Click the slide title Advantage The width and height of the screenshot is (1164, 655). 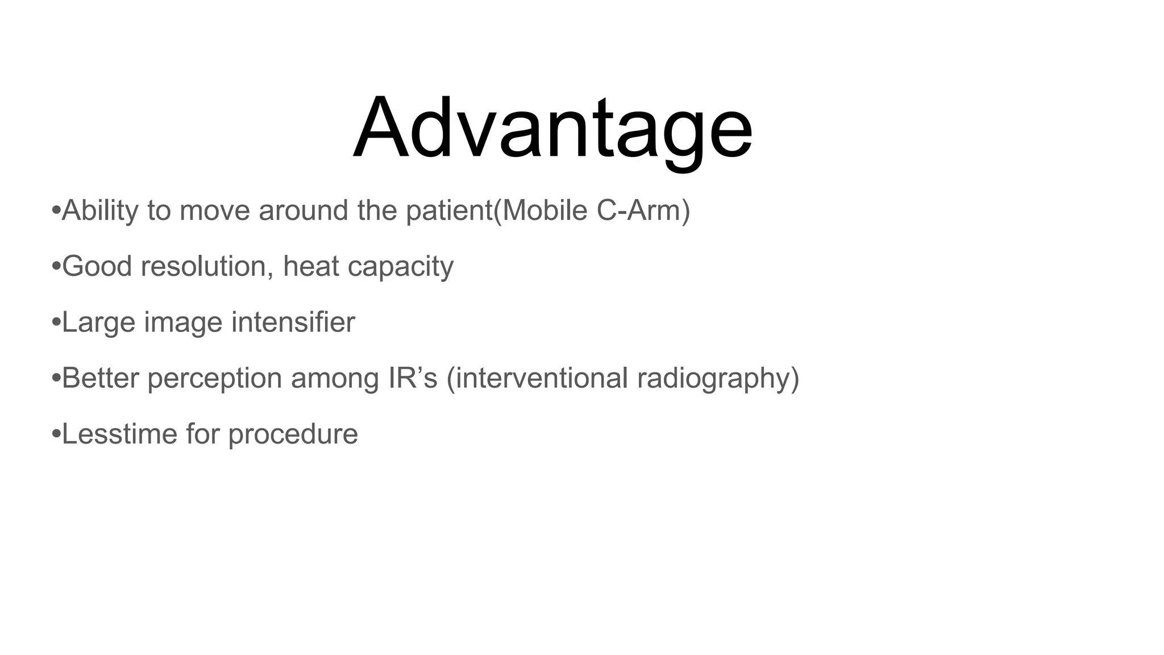click(x=552, y=128)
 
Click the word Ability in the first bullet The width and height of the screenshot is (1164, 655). click(x=100, y=211)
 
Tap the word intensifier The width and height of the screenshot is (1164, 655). click(x=293, y=322)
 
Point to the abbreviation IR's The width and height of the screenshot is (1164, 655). click(x=413, y=378)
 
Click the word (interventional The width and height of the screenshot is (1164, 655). click(x=537, y=378)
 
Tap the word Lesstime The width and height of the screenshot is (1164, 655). click(x=119, y=434)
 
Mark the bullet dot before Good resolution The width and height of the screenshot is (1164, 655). click(x=56, y=267)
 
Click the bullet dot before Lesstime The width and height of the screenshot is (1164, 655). click(x=56, y=434)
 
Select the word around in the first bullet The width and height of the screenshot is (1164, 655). click(x=304, y=211)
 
